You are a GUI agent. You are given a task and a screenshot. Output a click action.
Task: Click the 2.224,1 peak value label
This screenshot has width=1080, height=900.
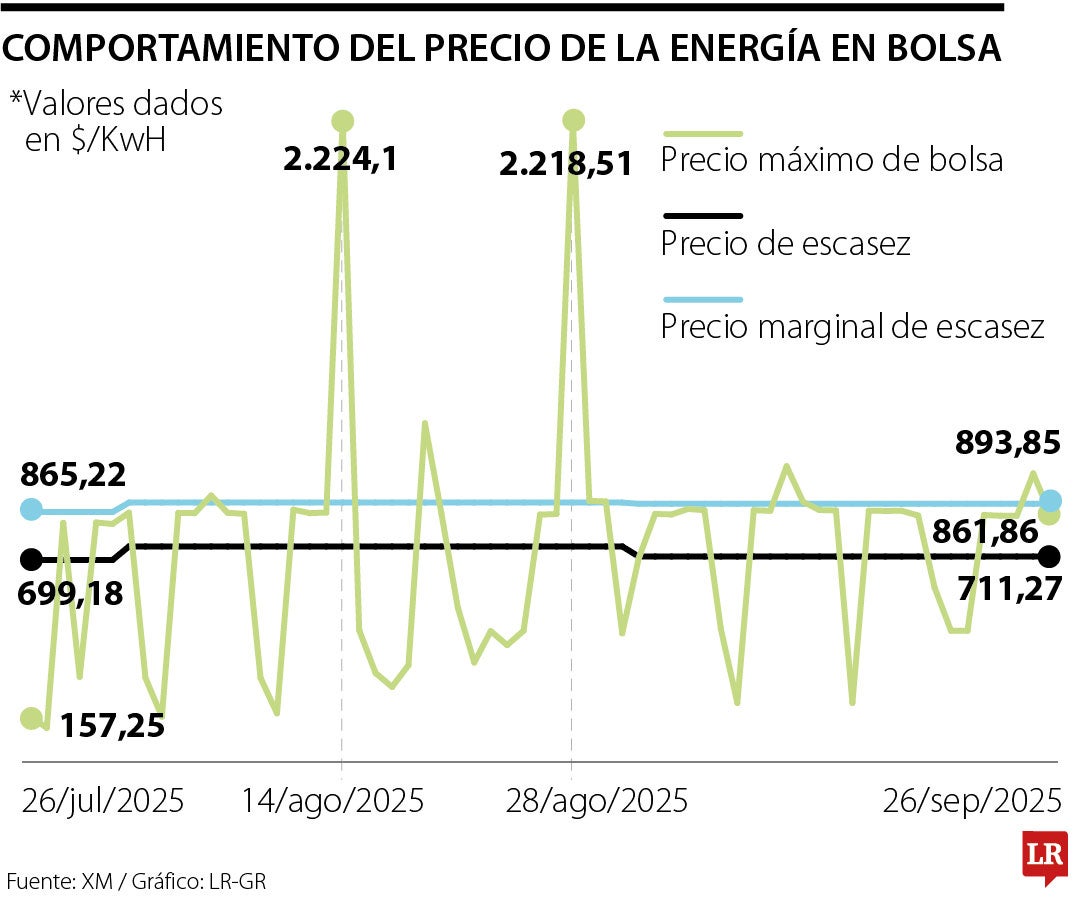coord(340,159)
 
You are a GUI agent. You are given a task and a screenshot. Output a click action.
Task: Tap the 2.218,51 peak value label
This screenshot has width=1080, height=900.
coord(566,164)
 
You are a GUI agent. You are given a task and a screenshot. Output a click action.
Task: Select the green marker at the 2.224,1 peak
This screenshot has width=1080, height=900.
coord(342,122)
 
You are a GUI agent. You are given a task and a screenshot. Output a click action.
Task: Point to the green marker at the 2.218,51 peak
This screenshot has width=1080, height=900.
coord(573,121)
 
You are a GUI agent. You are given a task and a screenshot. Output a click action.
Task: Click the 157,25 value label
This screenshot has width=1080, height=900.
coord(112,725)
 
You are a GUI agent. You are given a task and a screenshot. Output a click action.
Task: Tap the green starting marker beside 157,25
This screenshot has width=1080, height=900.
coord(31,718)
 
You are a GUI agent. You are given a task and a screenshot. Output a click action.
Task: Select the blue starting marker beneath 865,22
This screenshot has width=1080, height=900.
coord(31,509)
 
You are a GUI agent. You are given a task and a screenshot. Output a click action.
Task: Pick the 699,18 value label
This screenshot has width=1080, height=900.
coord(71,593)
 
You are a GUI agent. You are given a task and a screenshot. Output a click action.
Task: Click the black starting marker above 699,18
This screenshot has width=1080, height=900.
coord(31,559)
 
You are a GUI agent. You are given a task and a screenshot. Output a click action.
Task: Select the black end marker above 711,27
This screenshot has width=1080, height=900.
coord(1049,556)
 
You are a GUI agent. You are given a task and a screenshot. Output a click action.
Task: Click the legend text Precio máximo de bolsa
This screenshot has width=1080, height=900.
coord(831,159)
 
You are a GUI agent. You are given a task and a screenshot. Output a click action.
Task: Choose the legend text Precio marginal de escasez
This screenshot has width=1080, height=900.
coord(852,327)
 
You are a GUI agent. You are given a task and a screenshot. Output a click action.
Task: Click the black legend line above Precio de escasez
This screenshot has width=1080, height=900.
coord(702,215)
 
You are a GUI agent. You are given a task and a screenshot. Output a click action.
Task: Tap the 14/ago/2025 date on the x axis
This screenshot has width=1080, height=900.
coord(334,801)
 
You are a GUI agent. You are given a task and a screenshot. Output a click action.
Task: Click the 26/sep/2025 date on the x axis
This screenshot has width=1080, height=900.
coord(972,801)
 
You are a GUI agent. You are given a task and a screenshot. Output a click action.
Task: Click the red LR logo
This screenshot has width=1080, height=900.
coord(1044,855)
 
